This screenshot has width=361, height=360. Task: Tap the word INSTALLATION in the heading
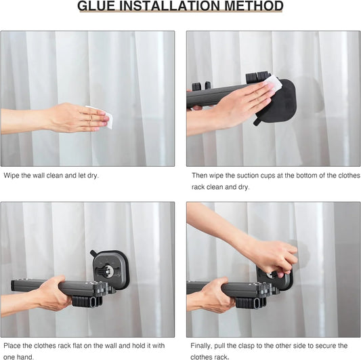pos(177,7)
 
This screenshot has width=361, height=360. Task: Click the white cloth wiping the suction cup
pos(272,85)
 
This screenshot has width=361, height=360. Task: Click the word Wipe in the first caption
pos(12,175)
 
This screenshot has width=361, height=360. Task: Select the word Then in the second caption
pos(200,175)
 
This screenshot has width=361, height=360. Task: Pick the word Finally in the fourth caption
pos(203,346)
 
